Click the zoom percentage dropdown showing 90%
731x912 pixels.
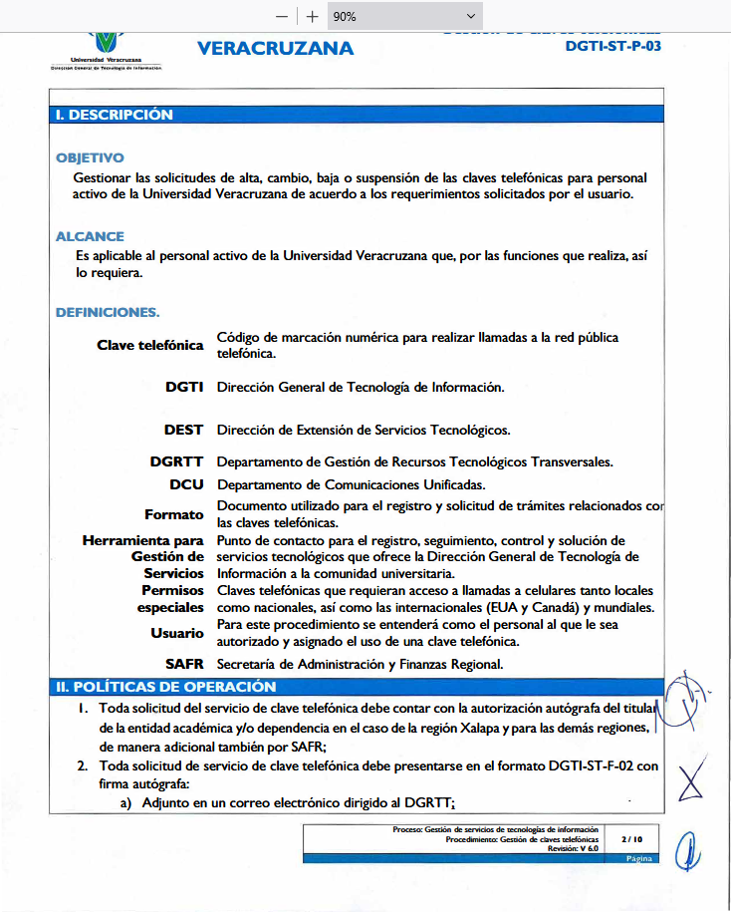pyautogui.click(x=403, y=16)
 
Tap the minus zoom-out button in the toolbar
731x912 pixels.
pyautogui.click(x=282, y=16)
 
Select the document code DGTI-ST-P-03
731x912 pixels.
pyautogui.click(x=612, y=46)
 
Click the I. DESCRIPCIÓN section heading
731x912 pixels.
pyautogui.click(x=115, y=115)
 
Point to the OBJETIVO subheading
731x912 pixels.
pyautogui.click(x=90, y=157)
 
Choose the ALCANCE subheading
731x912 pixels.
pyautogui.click(x=88, y=237)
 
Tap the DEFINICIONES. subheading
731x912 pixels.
pyautogui.click(x=108, y=312)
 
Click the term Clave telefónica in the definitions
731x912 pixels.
pyautogui.click(x=149, y=345)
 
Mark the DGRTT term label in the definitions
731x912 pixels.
pyautogui.click(x=177, y=461)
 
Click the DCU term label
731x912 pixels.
pyautogui.click(x=186, y=484)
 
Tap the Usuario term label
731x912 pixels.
pyautogui.click(x=177, y=633)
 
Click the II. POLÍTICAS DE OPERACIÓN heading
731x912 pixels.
pyautogui.click(x=165, y=687)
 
